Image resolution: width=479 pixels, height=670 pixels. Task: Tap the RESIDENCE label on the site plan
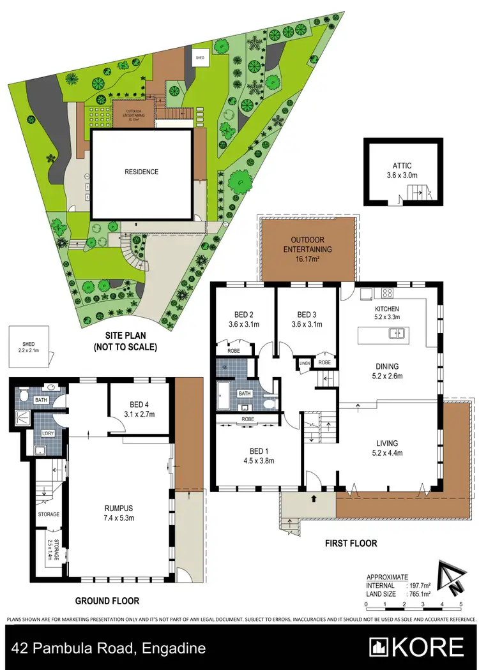click(141, 172)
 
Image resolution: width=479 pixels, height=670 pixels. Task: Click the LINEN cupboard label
click(305, 363)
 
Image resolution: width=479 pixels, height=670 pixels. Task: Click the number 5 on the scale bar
click(460, 604)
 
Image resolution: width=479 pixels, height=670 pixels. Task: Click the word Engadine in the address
click(173, 648)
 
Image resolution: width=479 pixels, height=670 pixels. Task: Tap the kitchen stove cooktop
click(387, 294)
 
